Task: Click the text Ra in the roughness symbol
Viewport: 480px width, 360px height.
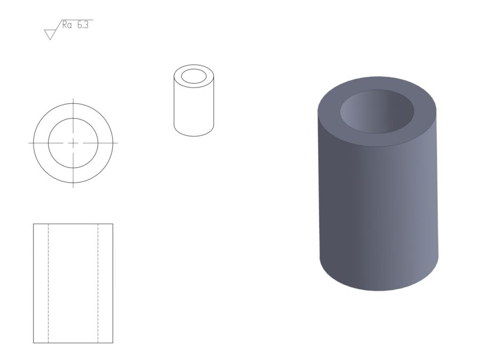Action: click(67, 25)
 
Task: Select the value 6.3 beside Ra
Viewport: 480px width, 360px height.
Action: click(83, 25)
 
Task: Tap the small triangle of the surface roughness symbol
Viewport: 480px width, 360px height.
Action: click(50, 34)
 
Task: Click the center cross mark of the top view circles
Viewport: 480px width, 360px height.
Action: click(73, 143)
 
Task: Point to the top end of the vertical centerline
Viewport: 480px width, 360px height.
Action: click(73, 99)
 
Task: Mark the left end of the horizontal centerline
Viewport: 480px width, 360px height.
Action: click(28, 143)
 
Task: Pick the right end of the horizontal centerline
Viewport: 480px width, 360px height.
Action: click(118, 143)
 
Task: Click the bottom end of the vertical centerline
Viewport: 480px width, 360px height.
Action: click(73, 187)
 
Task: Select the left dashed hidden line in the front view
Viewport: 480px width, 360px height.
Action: click(49, 283)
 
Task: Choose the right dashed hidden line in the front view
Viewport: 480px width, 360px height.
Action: click(98, 283)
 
